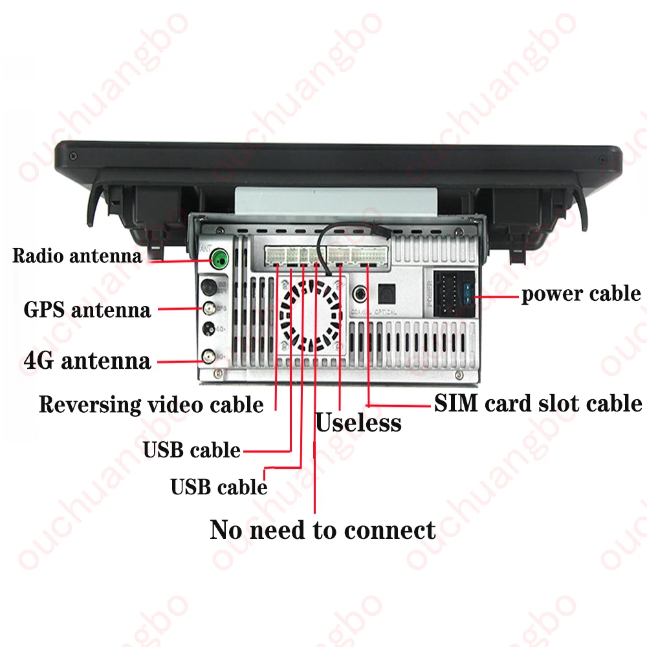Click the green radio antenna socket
[x=220, y=261]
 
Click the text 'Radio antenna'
[x=77, y=256]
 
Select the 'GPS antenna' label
[x=87, y=309]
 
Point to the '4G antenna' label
[x=87, y=360]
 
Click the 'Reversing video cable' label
[x=151, y=405]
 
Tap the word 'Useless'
[x=358, y=424]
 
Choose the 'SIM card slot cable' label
[x=538, y=404]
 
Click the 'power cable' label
[x=580, y=294]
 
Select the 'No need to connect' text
[x=323, y=531]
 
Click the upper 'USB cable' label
[x=192, y=450]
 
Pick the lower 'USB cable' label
[x=219, y=487]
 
